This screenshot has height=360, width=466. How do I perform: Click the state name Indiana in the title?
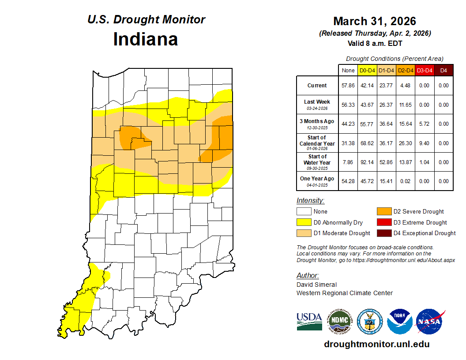coord(146,39)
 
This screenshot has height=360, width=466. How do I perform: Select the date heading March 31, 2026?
coord(375,21)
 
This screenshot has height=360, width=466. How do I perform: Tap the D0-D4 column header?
coord(367,70)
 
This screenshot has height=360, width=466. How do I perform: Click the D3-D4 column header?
coord(424,70)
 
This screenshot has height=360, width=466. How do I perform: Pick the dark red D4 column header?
coord(443,70)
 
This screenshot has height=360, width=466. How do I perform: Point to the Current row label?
coord(317,86)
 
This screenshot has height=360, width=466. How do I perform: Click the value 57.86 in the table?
coord(348,86)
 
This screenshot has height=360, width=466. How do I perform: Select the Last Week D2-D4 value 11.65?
coord(405,105)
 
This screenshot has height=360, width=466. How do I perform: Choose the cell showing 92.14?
coord(367,162)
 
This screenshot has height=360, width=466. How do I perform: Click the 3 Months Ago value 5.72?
coord(424,124)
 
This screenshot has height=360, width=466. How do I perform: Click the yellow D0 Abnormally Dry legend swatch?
coord(304,222)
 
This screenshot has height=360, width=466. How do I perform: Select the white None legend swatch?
coord(304,212)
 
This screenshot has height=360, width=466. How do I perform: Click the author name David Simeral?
coord(316,285)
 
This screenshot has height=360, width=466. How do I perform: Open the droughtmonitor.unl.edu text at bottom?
coord(376,344)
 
